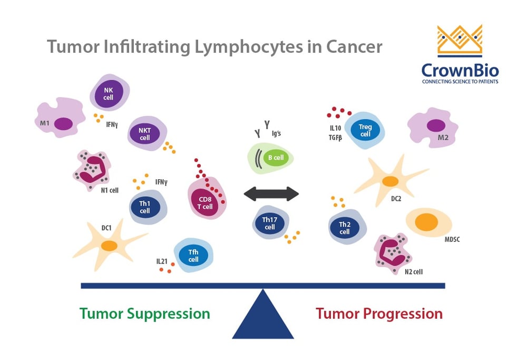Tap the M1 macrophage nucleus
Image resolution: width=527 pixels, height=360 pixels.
coord(64,123)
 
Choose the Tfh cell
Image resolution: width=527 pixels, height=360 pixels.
coord(193,256)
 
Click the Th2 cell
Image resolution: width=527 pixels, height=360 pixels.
coord(345,228)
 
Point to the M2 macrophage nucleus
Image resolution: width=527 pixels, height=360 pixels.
coord(435,126)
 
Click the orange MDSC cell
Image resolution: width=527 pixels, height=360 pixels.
coord(426,222)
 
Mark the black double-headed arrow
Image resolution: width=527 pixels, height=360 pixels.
coord(271,194)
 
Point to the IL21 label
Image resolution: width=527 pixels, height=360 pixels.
coord(162,261)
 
